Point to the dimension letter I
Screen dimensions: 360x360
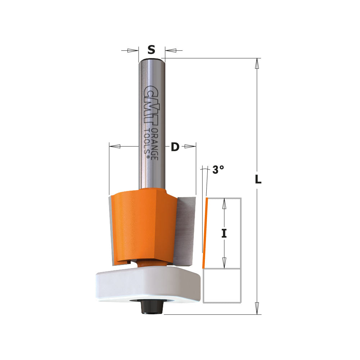point(224,234)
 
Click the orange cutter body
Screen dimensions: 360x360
point(144,223)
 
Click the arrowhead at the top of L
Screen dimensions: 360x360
point(257,63)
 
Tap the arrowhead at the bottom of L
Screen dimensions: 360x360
point(257,309)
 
